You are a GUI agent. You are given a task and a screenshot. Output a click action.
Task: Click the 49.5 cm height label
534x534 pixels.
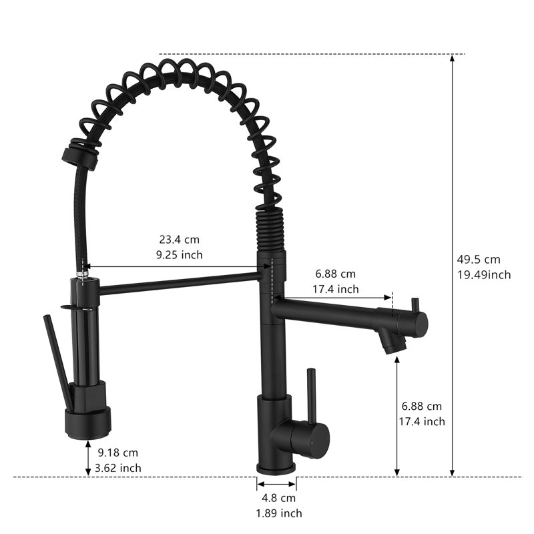(479, 260)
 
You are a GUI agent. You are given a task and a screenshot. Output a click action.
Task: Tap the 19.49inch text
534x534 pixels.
(483, 275)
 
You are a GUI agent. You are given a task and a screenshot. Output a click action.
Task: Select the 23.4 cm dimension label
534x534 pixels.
(179, 240)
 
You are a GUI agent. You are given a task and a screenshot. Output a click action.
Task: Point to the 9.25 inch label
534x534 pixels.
(179, 255)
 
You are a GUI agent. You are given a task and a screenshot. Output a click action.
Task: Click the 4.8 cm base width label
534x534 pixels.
(278, 498)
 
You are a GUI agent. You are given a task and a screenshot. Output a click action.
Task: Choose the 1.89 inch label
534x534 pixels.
(279, 513)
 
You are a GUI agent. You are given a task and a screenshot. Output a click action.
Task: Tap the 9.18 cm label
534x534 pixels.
(118, 453)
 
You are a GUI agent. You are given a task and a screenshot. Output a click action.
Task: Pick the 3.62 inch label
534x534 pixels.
(118, 468)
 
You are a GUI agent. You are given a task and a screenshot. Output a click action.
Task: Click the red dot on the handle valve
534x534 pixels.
(312, 443)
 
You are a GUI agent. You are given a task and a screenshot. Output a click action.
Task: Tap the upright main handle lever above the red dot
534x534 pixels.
(311, 396)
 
